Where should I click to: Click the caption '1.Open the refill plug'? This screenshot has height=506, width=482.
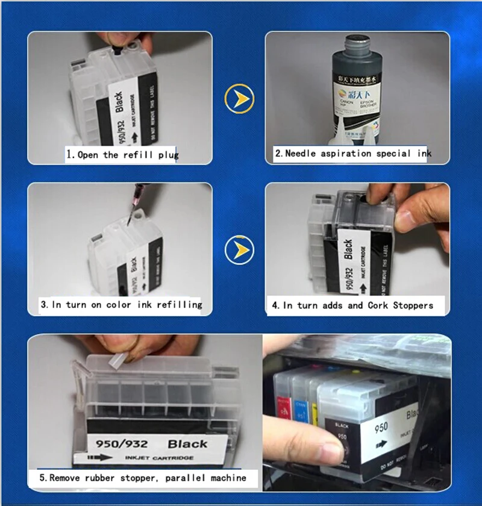coord(122,155)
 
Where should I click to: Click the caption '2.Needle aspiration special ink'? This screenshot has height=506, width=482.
coord(352,154)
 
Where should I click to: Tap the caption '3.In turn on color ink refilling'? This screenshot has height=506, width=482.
coord(120,305)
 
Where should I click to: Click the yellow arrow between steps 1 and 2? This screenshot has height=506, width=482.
coord(239,99)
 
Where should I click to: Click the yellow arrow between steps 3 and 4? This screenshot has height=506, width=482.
coord(239,250)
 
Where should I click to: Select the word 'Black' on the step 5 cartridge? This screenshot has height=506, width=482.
coord(187,445)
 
